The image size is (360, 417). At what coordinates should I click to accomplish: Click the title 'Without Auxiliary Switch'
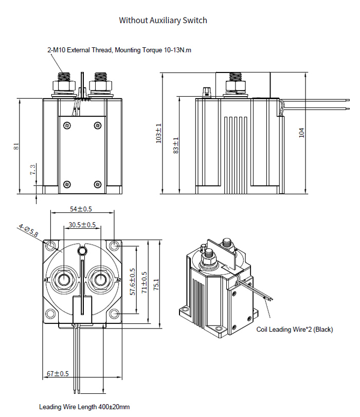point(163,21)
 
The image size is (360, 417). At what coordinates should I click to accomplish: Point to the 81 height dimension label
point(16,147)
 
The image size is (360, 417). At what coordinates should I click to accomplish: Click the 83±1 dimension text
point(176,146)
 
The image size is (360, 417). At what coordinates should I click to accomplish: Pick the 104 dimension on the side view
point(302,133)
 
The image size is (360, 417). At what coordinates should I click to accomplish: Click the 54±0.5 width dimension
point(81,209)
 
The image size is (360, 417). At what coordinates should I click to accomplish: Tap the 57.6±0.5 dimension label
point(133,281)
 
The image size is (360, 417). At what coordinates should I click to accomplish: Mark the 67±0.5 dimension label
point(58,374)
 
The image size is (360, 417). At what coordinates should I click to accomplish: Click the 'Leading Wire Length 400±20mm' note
point(84,407)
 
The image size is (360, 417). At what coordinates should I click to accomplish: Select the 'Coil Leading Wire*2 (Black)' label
point(295,330)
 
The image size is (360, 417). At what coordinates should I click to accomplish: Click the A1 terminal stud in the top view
point(65,280)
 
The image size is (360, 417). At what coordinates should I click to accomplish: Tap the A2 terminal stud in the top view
point(98,280)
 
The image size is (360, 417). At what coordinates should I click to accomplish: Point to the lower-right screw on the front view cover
point(98,184)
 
